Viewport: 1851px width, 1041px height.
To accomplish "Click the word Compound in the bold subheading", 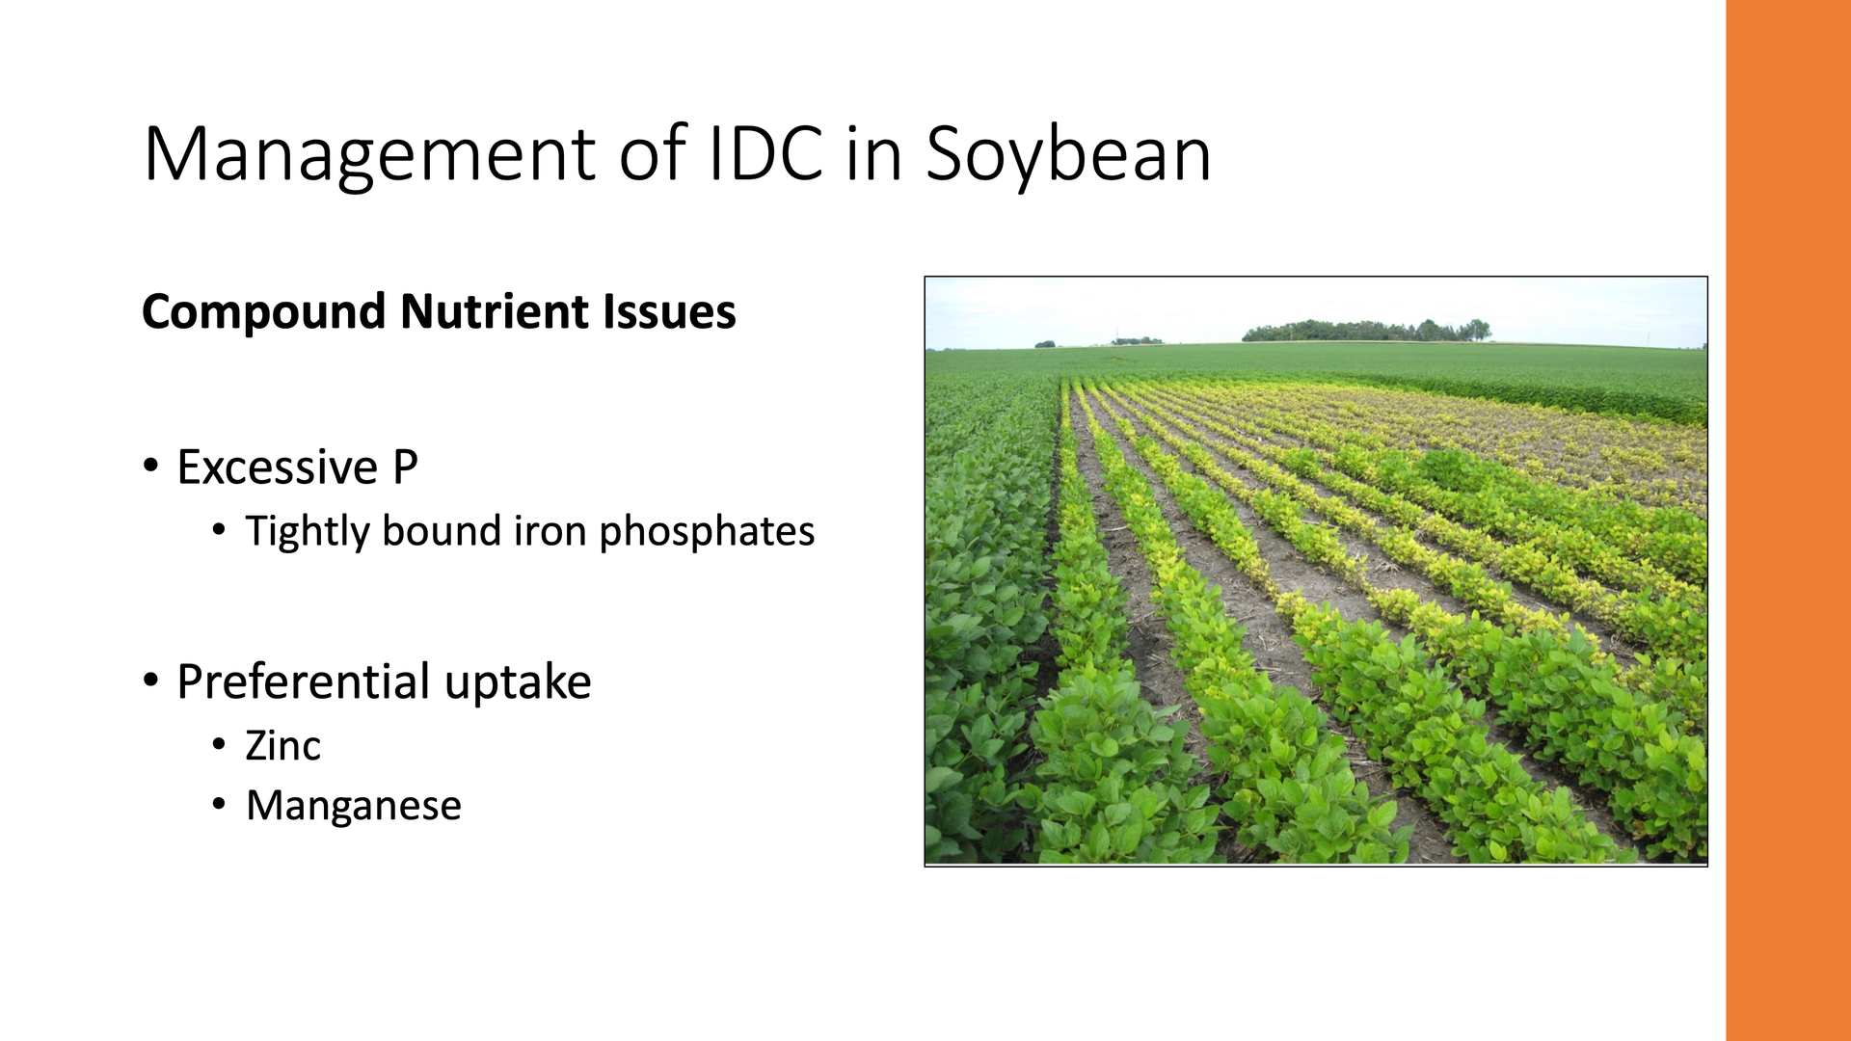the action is [x=263, y=312].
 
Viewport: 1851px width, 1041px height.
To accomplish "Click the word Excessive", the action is [x=278, y=467].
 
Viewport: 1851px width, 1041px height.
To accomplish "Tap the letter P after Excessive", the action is [x=405, y=467].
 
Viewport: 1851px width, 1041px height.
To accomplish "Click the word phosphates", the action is [x=707, y=532].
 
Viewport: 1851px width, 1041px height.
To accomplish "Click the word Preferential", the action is [x=303, y=682].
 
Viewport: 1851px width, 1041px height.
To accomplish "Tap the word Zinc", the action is [x=283, y=746].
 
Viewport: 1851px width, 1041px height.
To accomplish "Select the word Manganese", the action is [x=354, y=806].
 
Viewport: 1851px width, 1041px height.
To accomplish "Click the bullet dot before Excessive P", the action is [x=150, y=467].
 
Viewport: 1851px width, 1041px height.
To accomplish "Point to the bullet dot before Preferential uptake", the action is [x=150, y=681].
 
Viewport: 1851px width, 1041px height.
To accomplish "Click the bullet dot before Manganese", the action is [x=220, y=805].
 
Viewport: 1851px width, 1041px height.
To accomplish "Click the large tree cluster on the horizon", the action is [x=1366, y=331].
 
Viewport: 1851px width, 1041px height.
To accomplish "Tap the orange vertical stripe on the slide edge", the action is [x=1788, y=520].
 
